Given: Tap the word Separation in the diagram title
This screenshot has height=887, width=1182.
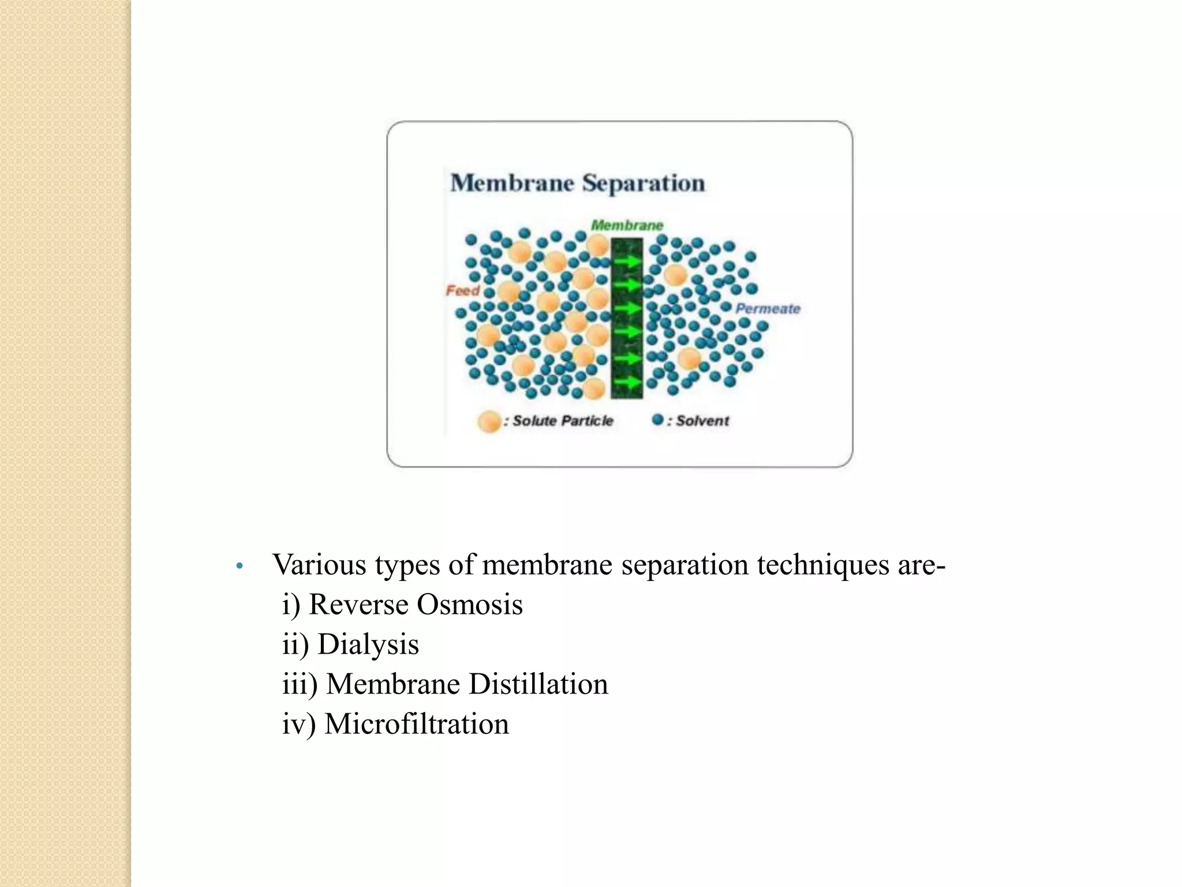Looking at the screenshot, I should click(x=644, y=183).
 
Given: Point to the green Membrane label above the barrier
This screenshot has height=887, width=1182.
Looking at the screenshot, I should click(x=627, y=225).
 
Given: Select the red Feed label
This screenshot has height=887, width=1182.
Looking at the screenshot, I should click(x=462, y=290).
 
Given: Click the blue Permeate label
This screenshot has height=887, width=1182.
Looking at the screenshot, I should click(x=768, y=309).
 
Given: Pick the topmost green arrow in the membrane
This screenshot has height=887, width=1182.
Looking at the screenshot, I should click(x=627, y=261).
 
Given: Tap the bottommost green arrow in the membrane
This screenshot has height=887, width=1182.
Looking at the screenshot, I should click(x=627, y=382).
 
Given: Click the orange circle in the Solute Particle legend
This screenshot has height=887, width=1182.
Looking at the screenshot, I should click(x=489, y=422).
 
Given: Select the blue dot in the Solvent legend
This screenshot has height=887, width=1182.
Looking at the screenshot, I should click(x=657, y=420).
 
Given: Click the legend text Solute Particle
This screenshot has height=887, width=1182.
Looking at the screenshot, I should click(x=563, y=421).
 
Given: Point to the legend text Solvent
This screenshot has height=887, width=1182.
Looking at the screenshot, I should click(x=702, y=421).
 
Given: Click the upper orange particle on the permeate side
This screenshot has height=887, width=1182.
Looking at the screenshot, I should click(x=675, y=275).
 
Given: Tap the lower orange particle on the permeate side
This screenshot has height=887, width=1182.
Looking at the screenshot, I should click(x=689, y=359).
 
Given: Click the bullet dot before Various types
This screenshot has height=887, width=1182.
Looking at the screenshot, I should click(x=240, y=566).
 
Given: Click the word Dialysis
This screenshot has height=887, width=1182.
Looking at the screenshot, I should click(x=368, y=644).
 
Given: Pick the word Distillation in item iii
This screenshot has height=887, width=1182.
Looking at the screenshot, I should click(x=538, y=684).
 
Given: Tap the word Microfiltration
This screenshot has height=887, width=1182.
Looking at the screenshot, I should click(x=417, y=724).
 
